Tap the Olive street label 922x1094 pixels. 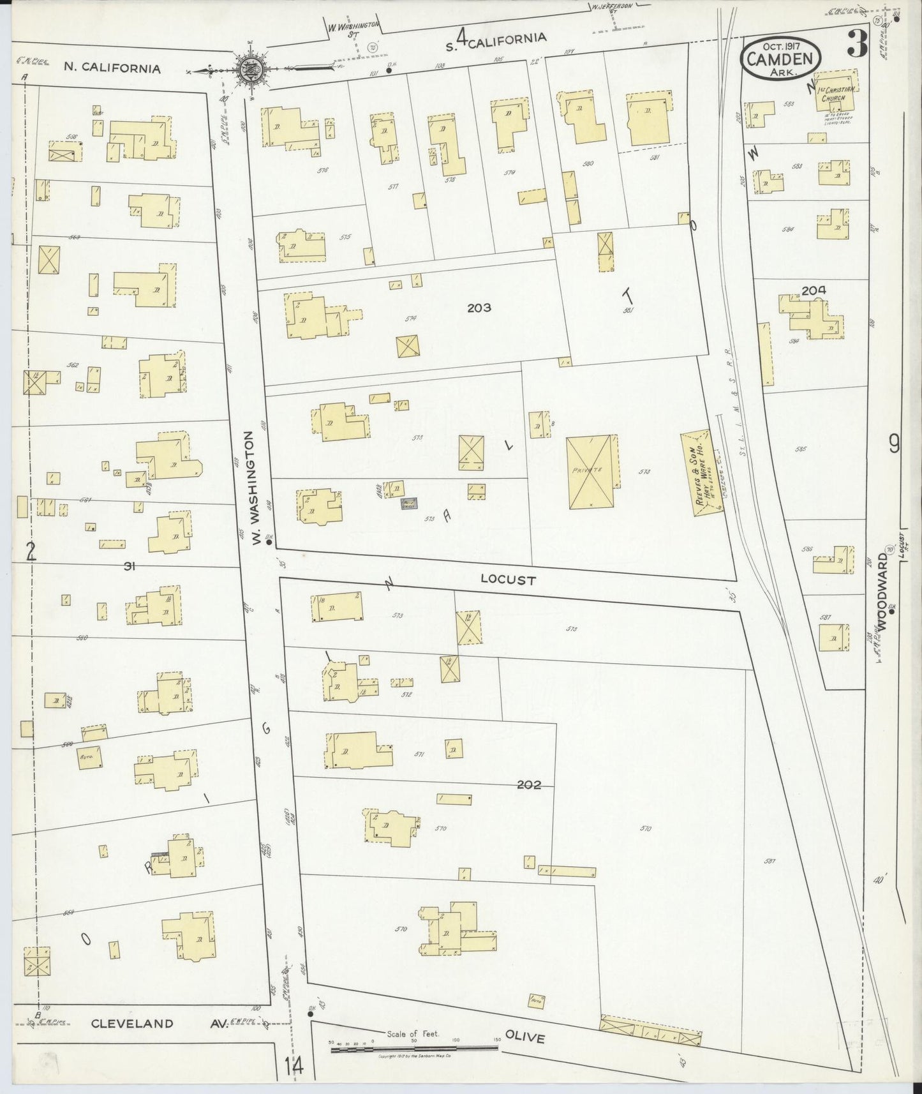point(524,1037)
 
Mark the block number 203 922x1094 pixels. point(479,308)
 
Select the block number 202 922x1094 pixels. point(529,785)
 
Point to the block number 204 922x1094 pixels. point(814,290)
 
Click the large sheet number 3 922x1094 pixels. point(856,45)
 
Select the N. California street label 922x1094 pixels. point(112,68)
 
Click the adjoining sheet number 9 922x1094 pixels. point(894,442)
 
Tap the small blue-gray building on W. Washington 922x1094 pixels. point(408,503)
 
